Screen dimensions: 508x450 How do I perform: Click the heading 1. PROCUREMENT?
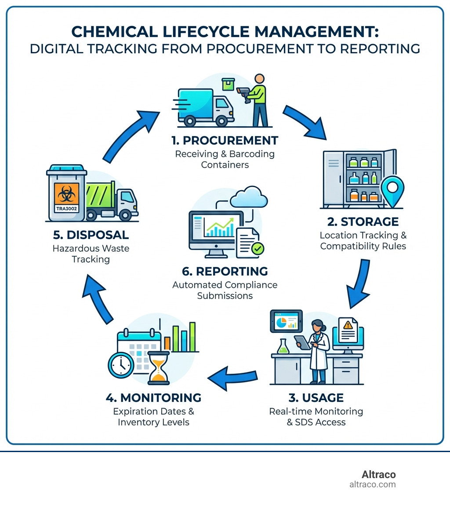click(x=225, y=140)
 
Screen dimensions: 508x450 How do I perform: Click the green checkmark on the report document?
click(x=258, y=250)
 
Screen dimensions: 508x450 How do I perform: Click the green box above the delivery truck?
click(x=229, y=84)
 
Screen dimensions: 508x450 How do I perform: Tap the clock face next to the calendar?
click(x=120, y=365)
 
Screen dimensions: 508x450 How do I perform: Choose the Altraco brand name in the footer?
click(x=378, y=475)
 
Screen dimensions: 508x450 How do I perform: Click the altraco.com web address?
click(x=372, y=485)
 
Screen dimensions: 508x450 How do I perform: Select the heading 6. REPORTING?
click(x=225, y=271)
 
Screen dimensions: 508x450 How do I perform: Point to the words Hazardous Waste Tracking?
click(x=91, y=254)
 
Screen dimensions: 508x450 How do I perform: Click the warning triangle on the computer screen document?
click(x=348, y=325)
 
